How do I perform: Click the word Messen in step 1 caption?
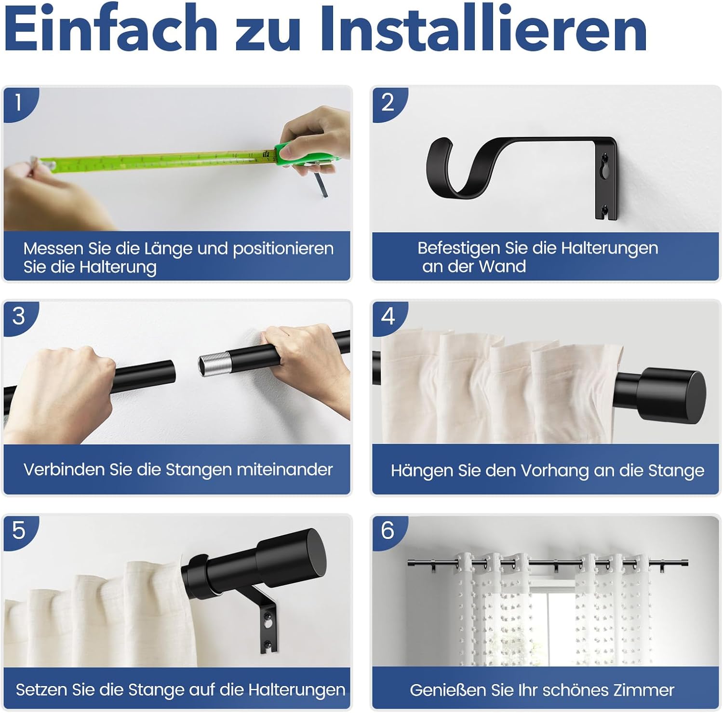pos(54,249)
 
